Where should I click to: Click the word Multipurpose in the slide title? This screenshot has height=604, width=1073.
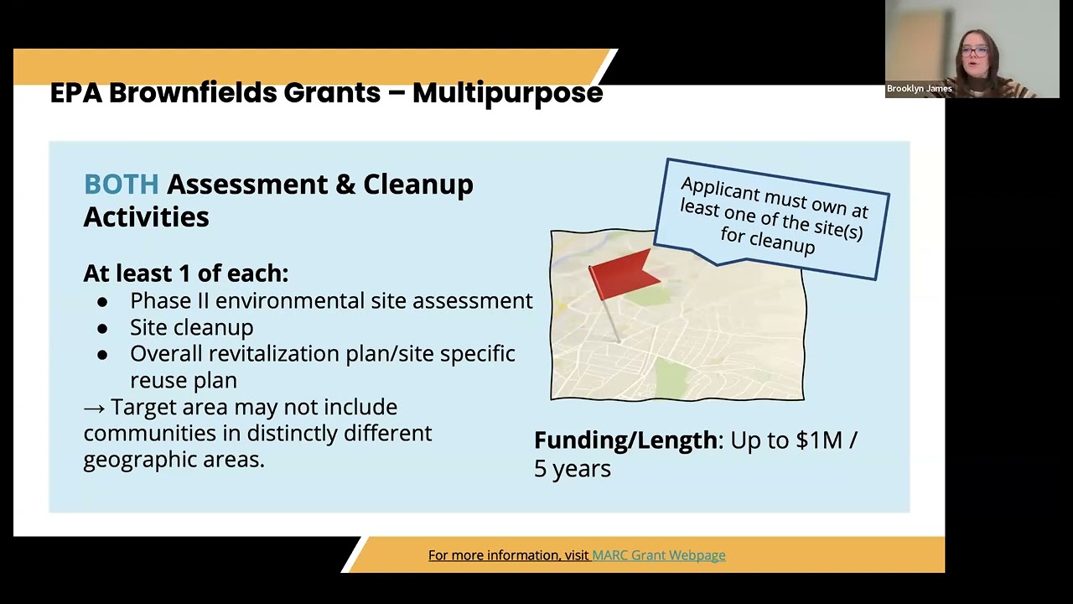click(507, 94)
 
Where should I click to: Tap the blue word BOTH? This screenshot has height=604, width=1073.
click(122, 184)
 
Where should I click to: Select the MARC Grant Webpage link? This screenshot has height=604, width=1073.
click(659, 555)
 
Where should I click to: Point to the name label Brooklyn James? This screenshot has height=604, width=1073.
click(920, 89)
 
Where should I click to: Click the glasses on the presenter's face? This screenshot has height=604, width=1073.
click(974, 51)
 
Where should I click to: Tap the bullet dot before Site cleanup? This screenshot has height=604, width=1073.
click(102, 329)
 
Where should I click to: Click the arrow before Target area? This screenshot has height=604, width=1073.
click(94, 409)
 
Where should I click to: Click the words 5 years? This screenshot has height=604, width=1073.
click(573, 468)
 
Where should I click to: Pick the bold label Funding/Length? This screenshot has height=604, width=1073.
click(625, 441)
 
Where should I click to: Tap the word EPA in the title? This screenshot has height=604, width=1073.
click(75, 93)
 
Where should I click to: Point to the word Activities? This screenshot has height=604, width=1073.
click(146, 216)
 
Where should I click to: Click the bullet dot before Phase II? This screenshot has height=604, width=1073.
click(102, 303)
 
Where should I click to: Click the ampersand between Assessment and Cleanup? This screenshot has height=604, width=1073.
click(345, 185)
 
